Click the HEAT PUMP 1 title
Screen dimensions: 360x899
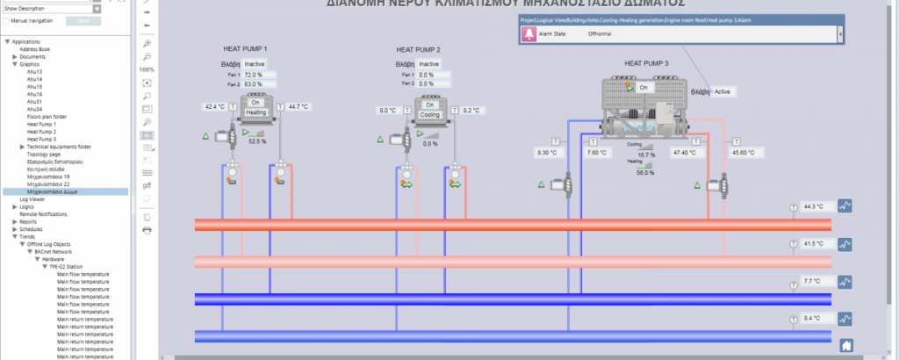(246, 49)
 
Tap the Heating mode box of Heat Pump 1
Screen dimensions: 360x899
(256, 112)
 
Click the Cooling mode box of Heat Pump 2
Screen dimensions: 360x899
(430, 114)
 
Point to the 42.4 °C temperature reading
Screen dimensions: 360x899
(214, 106)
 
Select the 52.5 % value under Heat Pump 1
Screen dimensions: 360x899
(257, 140)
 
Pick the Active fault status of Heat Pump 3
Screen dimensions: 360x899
(722, 91)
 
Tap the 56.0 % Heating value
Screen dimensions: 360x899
(647, 173)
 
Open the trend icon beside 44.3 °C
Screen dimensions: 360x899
(845, 206)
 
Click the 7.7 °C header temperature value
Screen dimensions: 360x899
(811, 282)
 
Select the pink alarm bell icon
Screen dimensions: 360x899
(529, 33)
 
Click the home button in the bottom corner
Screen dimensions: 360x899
(846, 345)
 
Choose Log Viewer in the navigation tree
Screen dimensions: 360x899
(32, 199)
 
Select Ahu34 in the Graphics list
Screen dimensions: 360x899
(35, 109)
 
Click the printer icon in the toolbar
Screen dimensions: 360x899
(147, 230)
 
